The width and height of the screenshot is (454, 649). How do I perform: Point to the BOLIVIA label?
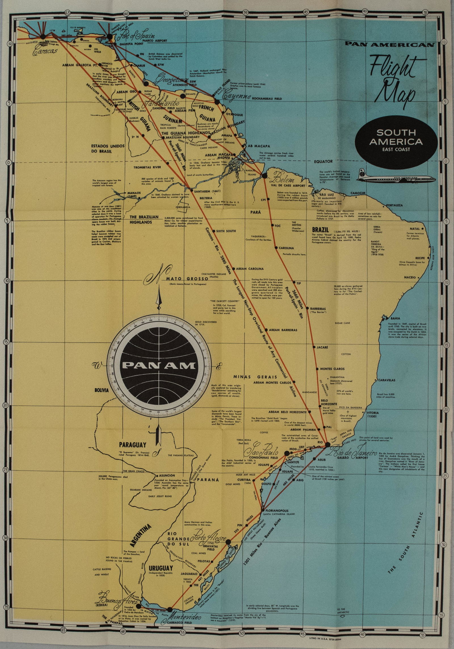pyautogui.click(x=101, y=390)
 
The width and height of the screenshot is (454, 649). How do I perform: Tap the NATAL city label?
pyautogui.click(x=415, y=229)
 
